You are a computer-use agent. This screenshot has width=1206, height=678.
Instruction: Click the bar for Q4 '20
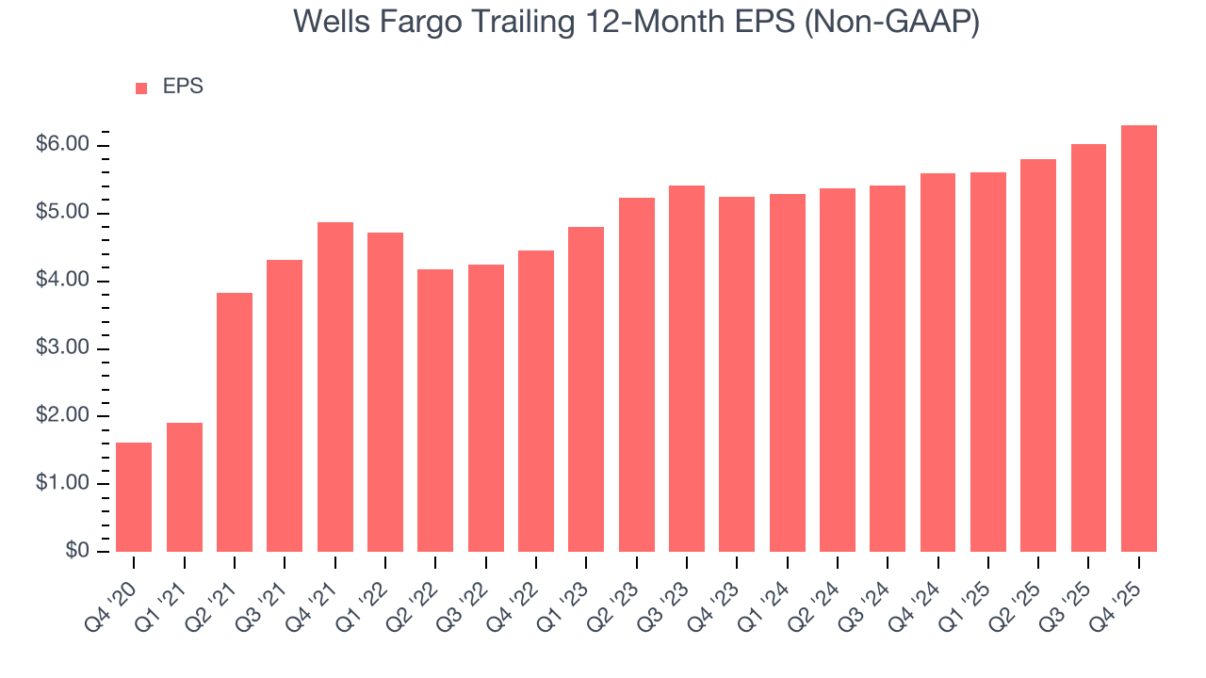(134, 497)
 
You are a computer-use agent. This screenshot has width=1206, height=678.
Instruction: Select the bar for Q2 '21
(235, 422)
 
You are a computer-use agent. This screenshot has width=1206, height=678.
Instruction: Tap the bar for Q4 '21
(335, 387)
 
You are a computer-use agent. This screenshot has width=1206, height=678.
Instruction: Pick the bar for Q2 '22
(435, 411)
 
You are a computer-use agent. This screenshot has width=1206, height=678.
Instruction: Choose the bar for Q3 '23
(687, 368)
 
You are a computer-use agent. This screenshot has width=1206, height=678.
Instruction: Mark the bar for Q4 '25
(1139, 338)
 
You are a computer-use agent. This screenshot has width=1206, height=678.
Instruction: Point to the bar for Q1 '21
(185, 487)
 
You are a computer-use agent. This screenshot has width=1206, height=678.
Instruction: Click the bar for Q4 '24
(938, 363)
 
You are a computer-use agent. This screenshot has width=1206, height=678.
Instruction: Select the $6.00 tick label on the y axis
(62, 145)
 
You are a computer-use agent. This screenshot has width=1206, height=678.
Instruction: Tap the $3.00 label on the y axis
(62, 348)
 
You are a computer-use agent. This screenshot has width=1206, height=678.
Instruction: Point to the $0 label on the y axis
(77, 552)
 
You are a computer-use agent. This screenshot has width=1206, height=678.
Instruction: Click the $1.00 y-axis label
(62, 484)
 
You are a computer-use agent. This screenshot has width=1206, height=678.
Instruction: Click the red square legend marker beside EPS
(141, 89)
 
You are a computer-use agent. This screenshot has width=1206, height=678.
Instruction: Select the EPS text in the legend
(183, 87)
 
